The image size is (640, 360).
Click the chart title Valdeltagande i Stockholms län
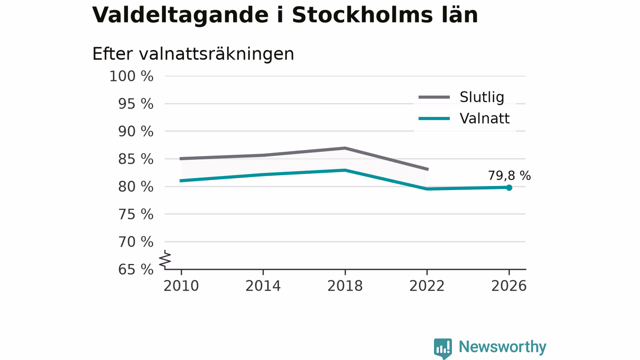[x=285, y=15]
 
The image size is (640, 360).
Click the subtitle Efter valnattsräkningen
[x=193, y=54]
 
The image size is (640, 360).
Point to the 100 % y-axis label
[x=131, y=76]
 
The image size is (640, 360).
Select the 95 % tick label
[x=135, y=103]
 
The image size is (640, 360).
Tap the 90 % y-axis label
[x=135, y=131]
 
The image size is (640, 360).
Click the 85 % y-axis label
[x=135, y=159]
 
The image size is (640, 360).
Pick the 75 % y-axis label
[x=135, y=214]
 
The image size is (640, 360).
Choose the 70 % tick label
[x=135, y=241]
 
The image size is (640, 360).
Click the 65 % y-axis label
[x=135, y=269]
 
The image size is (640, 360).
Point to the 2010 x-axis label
[x=181, y=286]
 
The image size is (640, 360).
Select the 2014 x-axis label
[x=263, y=286]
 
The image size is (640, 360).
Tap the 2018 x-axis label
[x=345, y=286]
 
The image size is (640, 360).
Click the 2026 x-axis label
[x=508, y=286]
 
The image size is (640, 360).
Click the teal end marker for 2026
[x=509, y=187]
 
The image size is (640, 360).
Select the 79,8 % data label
[x=509, y=175]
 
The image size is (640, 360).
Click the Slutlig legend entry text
[x=481, y=97]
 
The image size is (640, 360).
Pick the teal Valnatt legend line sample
[x=434, y=118]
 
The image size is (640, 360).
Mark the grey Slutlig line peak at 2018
[x=345, y=148]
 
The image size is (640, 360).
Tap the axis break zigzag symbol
[x=165, y=259]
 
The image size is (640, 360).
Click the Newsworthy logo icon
[x=443, y=348]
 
